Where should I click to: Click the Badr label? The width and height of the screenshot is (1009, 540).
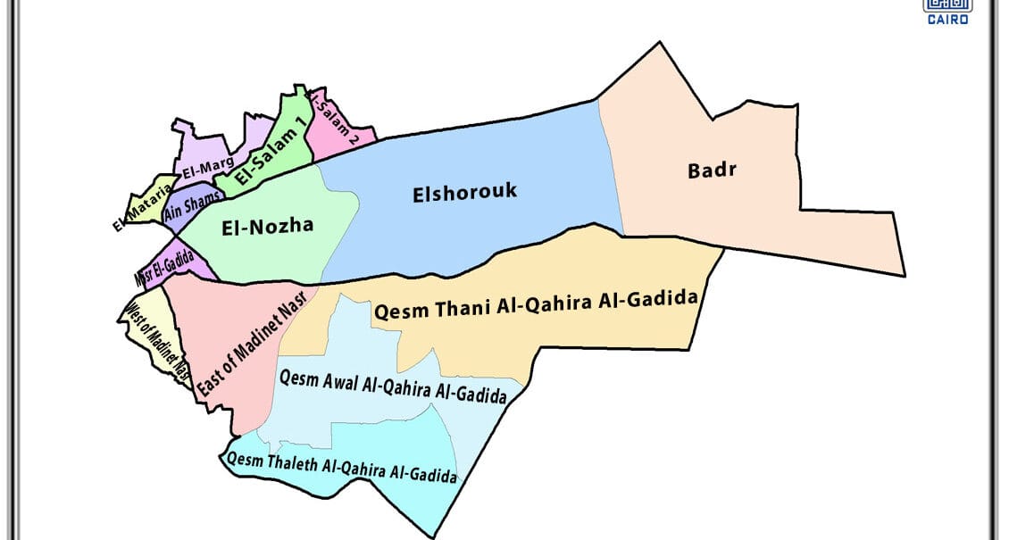coord(712,170)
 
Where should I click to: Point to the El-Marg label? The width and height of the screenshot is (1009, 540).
coord(208,166)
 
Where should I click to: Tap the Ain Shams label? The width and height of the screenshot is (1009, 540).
coord(193,206)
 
